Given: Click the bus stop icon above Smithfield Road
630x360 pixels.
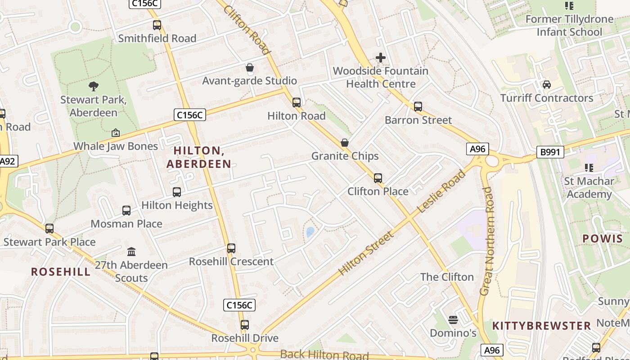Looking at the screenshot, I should click(157, 25).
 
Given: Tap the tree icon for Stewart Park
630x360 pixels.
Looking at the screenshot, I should click(94, 86).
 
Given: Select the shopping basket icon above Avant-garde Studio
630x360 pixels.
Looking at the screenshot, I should click(250, 68).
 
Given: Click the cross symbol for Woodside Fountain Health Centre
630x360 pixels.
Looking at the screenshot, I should click(381, 58).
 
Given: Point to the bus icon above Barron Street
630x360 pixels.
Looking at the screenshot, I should click(418, 107).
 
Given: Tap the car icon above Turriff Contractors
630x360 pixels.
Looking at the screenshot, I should click(547, 85).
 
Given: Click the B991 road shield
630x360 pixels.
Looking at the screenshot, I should click(550, 152).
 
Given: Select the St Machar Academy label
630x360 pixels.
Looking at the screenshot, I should click(589, 188).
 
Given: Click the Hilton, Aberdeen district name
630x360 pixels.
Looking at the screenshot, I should click(199, 157).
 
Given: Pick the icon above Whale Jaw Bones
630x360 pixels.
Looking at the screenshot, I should click(116, 133).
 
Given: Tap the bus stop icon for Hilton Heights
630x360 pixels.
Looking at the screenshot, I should click(177, 192).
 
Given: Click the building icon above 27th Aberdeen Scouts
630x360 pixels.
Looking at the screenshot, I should click(131, 252).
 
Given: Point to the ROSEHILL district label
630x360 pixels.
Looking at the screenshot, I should click(61, 272).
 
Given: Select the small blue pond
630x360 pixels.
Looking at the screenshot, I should click(310, 232).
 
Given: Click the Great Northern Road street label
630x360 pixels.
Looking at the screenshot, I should click(486, 242).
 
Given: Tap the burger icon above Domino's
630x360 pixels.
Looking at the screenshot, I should click(453, 320).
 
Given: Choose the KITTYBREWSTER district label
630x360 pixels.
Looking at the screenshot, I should click(541, 326).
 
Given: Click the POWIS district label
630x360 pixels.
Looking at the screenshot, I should click(602, 238).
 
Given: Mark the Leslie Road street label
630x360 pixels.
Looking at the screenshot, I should click(441, 192).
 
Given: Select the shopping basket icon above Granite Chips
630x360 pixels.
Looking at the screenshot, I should click(345, 143).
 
